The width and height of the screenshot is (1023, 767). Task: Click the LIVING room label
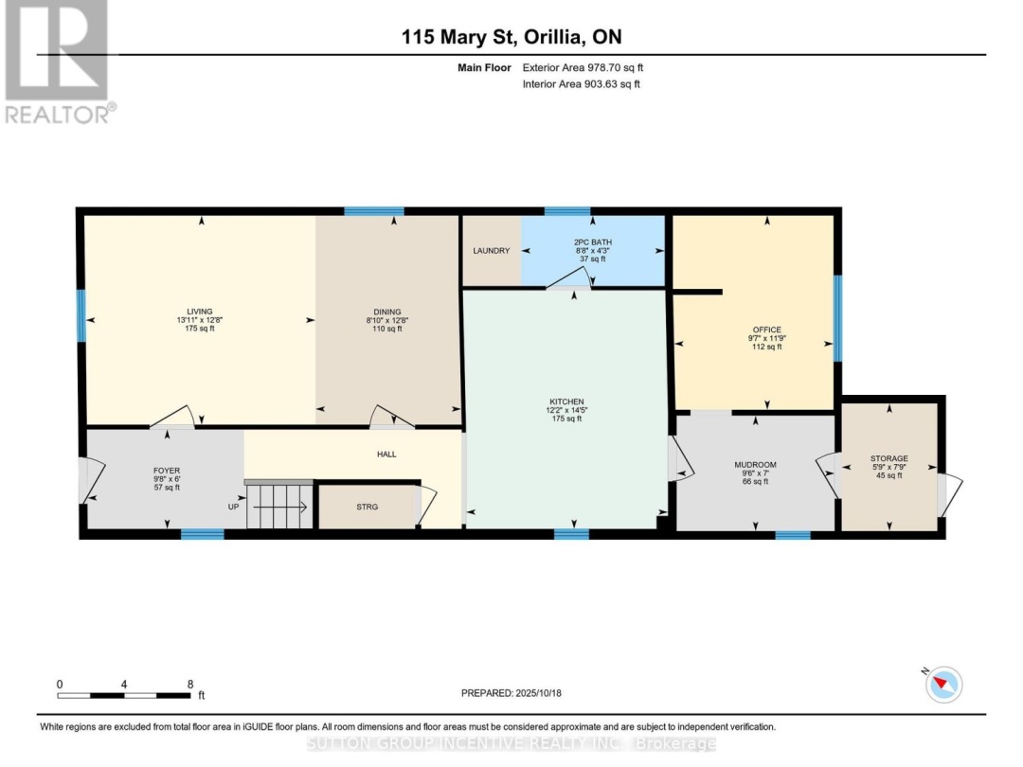pyautogui.click(x=200, y=312)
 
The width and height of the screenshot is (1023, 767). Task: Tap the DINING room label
pyautogui.click(x=386, y=312)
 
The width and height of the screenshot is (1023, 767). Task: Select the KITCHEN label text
pyautogui.click(x=566, y=401)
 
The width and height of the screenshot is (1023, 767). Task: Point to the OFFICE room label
pyautogui.click(x=766, y=330)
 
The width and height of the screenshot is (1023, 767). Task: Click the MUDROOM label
pyautogui.click(x=755, y=465)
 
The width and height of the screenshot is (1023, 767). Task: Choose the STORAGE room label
pyautogui.click(x=888, y=458)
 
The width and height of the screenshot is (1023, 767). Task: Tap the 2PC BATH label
pyautogui.click(x=592, y=242)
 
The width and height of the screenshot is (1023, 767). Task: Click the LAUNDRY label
pyautogui.click(x=492, y=250)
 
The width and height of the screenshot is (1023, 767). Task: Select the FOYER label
pyautogui.click(x=167, y=471)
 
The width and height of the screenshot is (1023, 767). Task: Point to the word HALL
pyautogui.click(x=386, y=454)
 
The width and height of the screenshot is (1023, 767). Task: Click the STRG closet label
pyautogui.click(x=368, y=507)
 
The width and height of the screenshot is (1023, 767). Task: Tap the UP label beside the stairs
pyautogui.click(x=233, y=507)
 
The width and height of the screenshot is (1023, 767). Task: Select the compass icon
pyautogui.click(x=943, y=685)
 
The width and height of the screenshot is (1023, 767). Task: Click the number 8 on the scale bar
pyautogui.click(x=190, y=685)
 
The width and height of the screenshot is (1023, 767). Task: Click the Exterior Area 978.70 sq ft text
pyautogui.click(x=583, y=67)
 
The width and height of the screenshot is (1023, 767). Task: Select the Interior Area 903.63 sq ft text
pyautogui.click(x=581, y=84)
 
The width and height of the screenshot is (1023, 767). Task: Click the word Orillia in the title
pyautogui.click(x=553, y=37)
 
